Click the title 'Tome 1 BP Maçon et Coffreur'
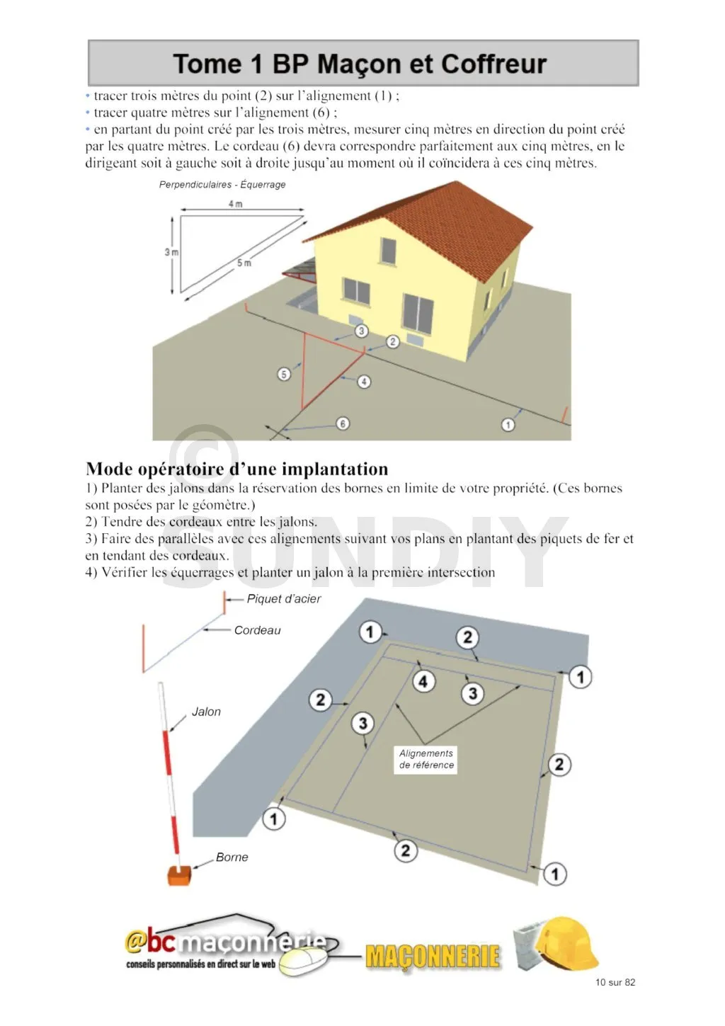click(360, 64)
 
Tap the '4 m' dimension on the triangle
click(235, 204)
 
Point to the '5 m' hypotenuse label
click(244, 263)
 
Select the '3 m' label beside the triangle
click(171, 252)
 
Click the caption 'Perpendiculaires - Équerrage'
click(222, 185)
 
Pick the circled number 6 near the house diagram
click(343, 423)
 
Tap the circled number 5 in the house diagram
click(284, 374)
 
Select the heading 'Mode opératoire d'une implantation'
click(237, 469)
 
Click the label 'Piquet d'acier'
click(283, 599)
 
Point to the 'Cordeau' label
click(257, 630)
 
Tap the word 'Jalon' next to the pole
click(206, 712)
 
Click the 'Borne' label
click(232, 857)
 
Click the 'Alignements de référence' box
click(426, 759)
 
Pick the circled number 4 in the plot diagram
click(423, 681)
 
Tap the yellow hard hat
click(566, 942)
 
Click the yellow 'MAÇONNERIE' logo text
click(433, 957)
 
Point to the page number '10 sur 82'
click(615, 982)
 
